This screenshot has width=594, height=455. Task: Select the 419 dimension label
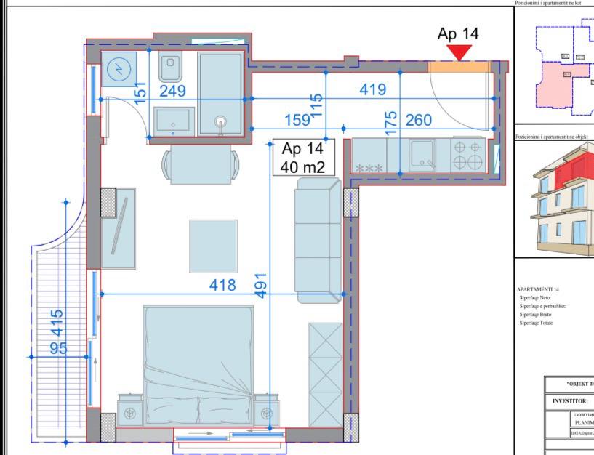(x=373, y=89)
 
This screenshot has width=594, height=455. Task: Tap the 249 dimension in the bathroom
(x=173, y=91)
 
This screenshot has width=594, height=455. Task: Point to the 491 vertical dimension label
(x=260, y=284)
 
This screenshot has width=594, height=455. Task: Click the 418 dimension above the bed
(x=222, y=285)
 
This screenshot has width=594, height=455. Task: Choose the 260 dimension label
(x=418, y=120)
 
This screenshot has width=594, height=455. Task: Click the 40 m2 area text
(x=302, y=166)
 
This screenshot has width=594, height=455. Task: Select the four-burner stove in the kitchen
(x=470, y=154)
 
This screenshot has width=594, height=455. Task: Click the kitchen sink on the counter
(x=422, y=153)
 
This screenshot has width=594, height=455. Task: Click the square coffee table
(x=213, y=246)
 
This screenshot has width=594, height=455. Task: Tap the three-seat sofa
(x=317, y=237)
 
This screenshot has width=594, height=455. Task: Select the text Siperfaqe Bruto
(x=536, y=315)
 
